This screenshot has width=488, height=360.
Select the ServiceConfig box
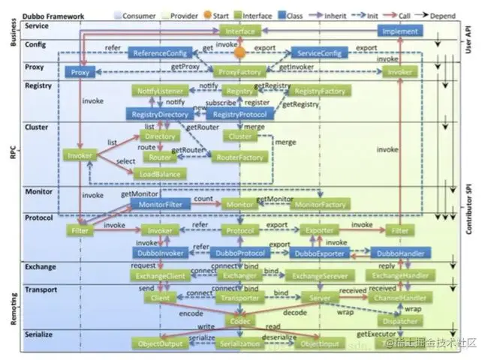tap(318, 53)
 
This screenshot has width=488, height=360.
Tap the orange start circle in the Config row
tap(240, 52)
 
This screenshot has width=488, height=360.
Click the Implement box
tap(400, 31)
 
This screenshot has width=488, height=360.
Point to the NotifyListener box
tap(160, 91)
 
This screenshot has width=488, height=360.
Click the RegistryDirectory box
tap(161, 115)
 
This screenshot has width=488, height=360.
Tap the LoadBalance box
tap(158, 174)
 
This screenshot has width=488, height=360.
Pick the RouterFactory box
tap(239, 157)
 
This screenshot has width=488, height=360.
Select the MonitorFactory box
tap(319, 204)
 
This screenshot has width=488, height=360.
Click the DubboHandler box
tap(399, 253)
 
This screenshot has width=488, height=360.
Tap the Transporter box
tap(239, 298)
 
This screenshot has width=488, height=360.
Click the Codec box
tap(239, 321)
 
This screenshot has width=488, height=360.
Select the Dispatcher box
tap(399, 321)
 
